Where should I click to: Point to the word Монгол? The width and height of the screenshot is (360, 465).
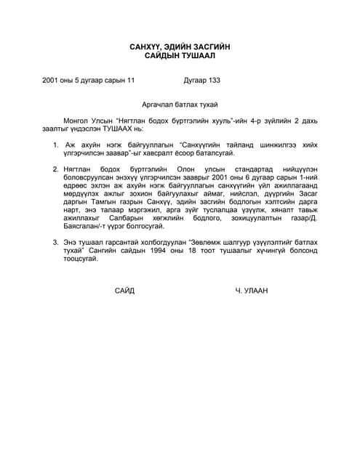coord(77,118)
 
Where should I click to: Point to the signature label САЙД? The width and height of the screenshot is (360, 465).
coord(124,291)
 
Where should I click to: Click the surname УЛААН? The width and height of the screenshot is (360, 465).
coord(257,291)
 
